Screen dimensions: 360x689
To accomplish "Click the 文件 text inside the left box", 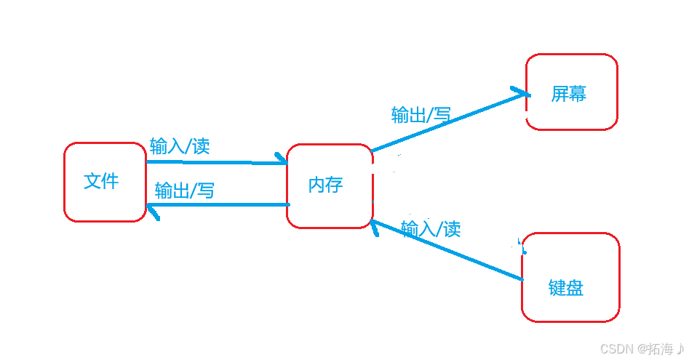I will click(x=101, y=181).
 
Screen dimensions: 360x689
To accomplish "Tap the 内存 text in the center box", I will click(x=325, y=185).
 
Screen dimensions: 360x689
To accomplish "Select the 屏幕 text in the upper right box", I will click(x=568, y=94).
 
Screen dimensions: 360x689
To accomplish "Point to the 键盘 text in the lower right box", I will click(x=565, y=288).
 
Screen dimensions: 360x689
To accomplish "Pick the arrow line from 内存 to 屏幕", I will click(x=444, y=123).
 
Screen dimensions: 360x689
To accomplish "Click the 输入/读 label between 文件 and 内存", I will click(x=180, y=145).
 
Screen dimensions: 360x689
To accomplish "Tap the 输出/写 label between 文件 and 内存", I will click(x=185, y=191).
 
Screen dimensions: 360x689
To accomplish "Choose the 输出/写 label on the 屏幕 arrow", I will click(x=421, y=114).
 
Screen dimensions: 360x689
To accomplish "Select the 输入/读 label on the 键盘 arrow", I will click(x=431, y=229).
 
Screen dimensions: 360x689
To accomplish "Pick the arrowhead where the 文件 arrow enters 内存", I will click(x=281, y=159).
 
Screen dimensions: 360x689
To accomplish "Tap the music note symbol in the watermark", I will click(x=680, y=348).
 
